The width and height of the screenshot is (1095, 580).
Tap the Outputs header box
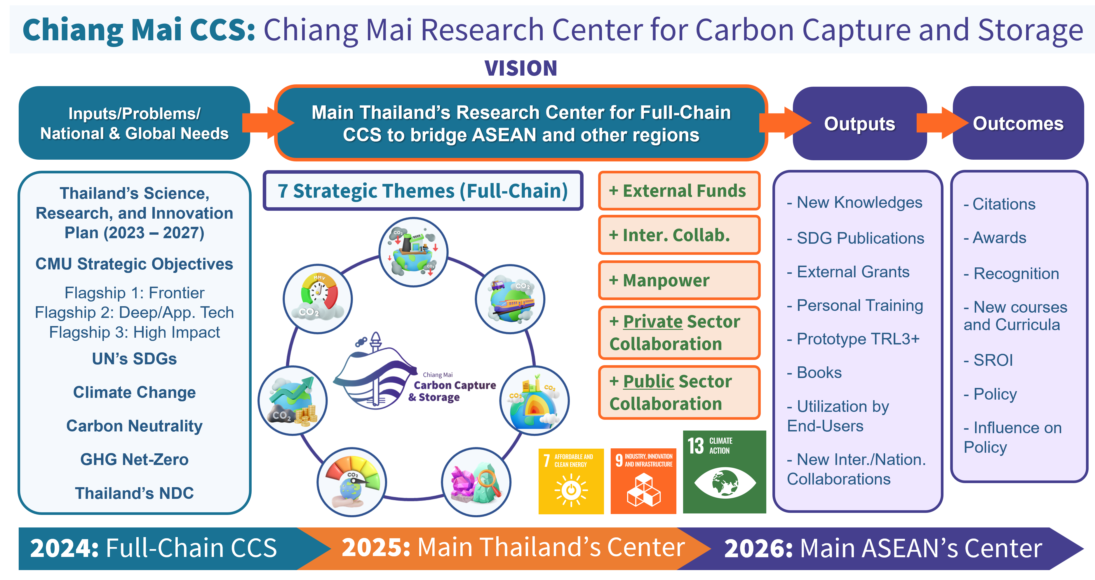pos(859,124)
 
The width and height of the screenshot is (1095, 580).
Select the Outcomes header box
pos(1018,124)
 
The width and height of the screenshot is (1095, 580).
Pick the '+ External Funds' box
pos(678,191)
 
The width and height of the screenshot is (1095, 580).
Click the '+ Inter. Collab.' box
pos(678,235)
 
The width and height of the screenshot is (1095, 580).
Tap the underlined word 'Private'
pos(652,322)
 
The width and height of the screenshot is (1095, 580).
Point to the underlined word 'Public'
pos(648,382)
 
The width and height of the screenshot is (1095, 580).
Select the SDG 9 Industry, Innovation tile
pos(643,481)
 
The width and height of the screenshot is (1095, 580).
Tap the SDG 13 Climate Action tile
pos(724,472)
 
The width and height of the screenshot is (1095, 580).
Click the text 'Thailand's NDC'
pos(134,493)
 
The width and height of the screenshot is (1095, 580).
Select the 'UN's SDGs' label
pos(134,359)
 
